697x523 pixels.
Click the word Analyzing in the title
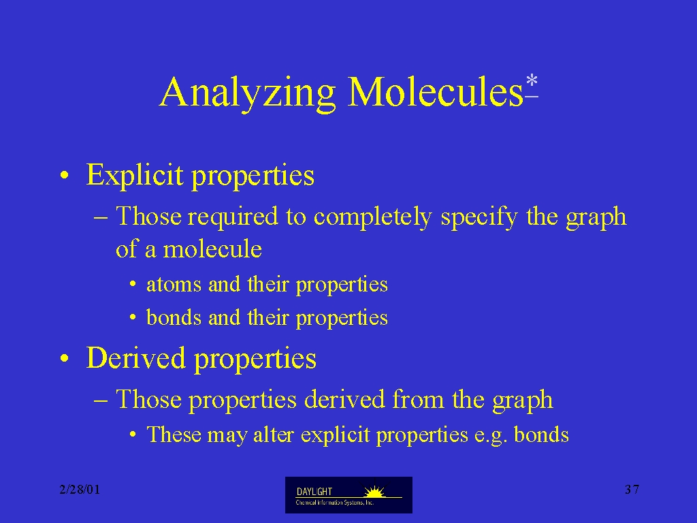(247, 93)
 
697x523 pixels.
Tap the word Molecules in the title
(435, 91)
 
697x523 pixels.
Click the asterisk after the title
(532, 82)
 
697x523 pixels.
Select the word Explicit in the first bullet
(135, 175)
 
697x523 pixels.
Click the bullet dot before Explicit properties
(65, 175)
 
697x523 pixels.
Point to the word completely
(372, 217)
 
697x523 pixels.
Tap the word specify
(479, 217)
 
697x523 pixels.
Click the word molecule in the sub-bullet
(212, 249)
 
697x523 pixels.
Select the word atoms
(174, 285)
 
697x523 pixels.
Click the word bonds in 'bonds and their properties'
(174, 317)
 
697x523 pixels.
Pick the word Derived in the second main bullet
(135, 358)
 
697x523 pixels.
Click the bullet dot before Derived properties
(65, 358)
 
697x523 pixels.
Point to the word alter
(274, 434)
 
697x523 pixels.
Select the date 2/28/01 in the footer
(80, 490)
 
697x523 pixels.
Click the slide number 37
(632, 490)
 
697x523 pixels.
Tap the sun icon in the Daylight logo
(374, 492)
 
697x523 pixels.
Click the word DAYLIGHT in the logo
(314, 492)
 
